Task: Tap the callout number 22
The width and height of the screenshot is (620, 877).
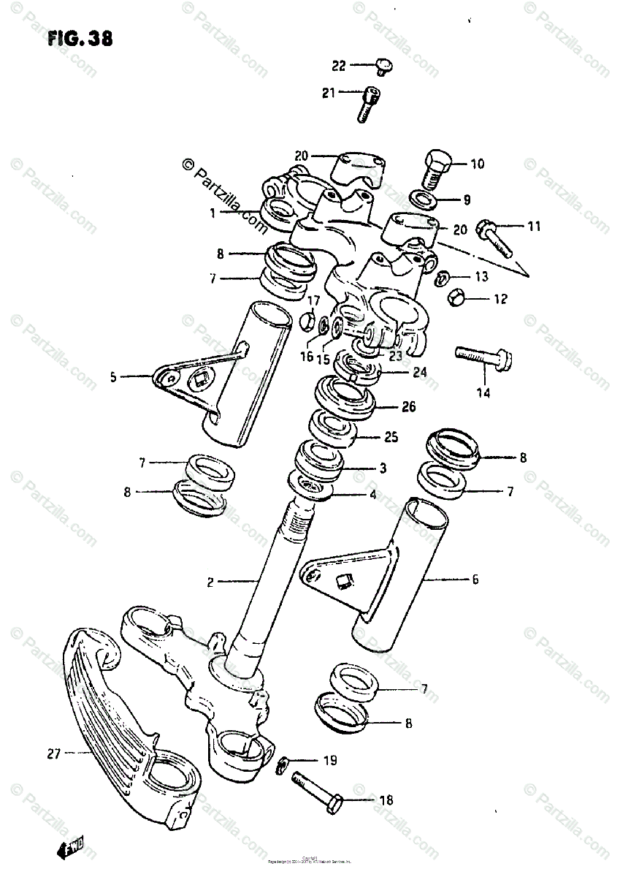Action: (x=339, y=66)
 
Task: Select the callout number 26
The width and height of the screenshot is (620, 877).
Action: (x=408, y=407)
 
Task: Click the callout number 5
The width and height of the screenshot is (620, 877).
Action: (x=114, y=378)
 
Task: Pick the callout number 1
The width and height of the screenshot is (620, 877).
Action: (x=211, y=213)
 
